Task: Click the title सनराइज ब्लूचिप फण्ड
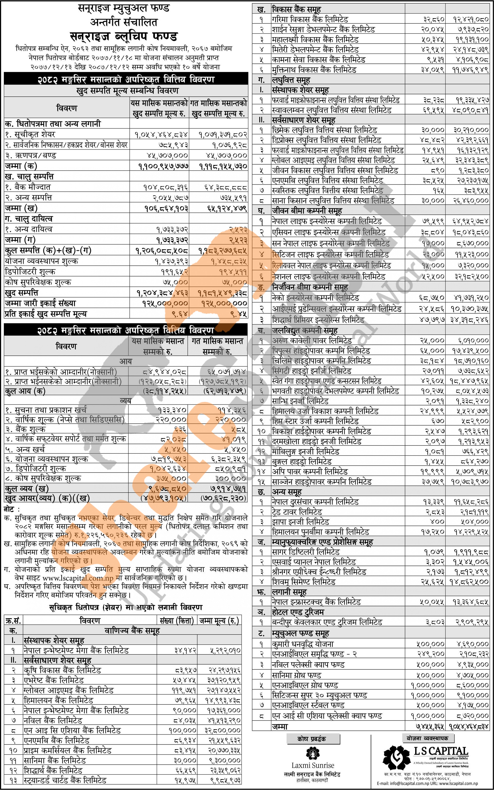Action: point(124,36)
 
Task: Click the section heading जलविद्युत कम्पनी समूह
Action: point(305,330)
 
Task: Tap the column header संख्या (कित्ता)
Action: point(177,621)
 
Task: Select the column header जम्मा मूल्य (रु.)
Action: point(219,621)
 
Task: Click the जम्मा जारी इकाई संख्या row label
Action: point(40,303)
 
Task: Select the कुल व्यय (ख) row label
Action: point(27,488)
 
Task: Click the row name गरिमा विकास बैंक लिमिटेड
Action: point(310,19)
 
